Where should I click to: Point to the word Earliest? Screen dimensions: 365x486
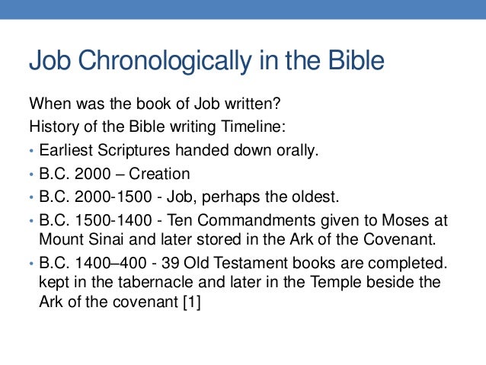(66, 149)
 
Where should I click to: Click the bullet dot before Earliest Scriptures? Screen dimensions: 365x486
(31, 150)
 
